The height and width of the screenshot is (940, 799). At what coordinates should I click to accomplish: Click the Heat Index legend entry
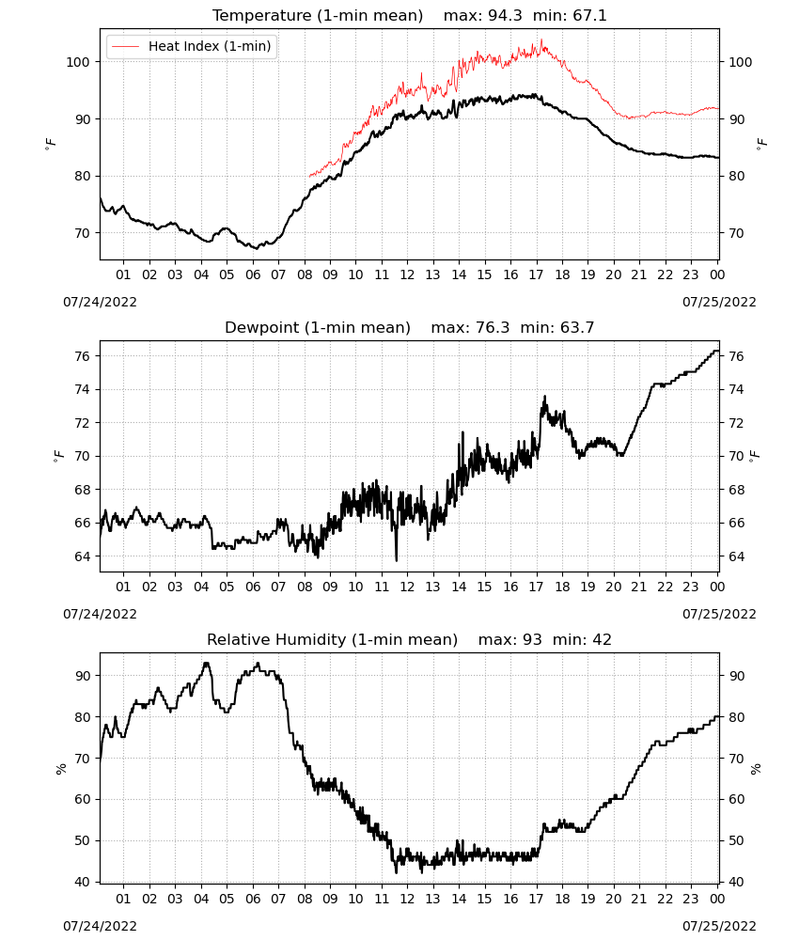pos(192,46)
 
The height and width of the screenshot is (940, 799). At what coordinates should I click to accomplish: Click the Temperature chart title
pos(317,16)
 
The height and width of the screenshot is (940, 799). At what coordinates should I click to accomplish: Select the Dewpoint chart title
pos(317,328)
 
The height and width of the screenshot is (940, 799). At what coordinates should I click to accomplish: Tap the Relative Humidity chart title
pos(332,639)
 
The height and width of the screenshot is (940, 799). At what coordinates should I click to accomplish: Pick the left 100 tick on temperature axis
pos(78,62)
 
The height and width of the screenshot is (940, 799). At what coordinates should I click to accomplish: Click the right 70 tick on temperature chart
pos(737,233)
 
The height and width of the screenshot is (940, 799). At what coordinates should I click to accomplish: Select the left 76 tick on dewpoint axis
pos(82,356)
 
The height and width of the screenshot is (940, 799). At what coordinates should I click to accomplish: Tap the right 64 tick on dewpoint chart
pos(737,556)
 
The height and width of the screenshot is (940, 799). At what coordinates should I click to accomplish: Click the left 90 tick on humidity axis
pos(82,676)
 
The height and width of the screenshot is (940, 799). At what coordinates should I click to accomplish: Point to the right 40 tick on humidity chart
pos(737,882)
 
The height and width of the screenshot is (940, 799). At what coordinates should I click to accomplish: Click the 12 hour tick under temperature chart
pos(407,274)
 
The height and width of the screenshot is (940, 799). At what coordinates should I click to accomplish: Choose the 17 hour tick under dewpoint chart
pos(536,587)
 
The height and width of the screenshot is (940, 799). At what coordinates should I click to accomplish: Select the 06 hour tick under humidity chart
pos(253,899)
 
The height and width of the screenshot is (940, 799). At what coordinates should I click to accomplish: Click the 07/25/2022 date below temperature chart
pos(719,302)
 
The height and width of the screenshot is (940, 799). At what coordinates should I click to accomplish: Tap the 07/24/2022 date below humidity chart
pos(100,926)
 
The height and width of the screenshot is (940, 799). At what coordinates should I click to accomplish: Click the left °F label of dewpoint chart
pos(58,457)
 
